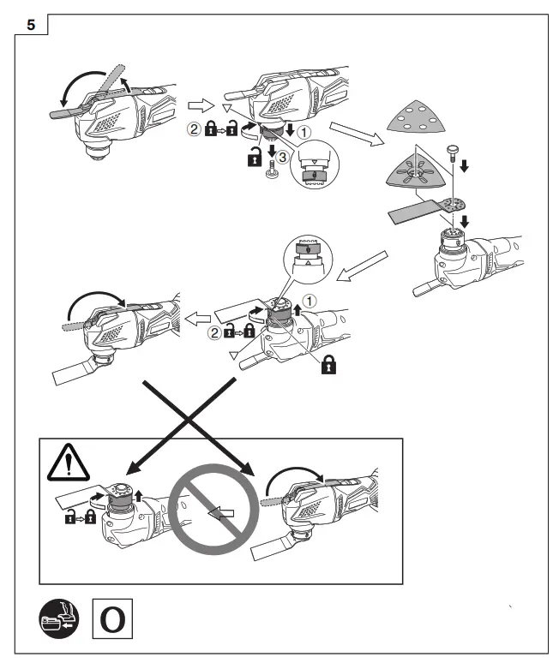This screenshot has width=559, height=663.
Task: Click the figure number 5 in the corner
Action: [32, 25]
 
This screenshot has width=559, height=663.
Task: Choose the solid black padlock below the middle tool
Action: [327, 367]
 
